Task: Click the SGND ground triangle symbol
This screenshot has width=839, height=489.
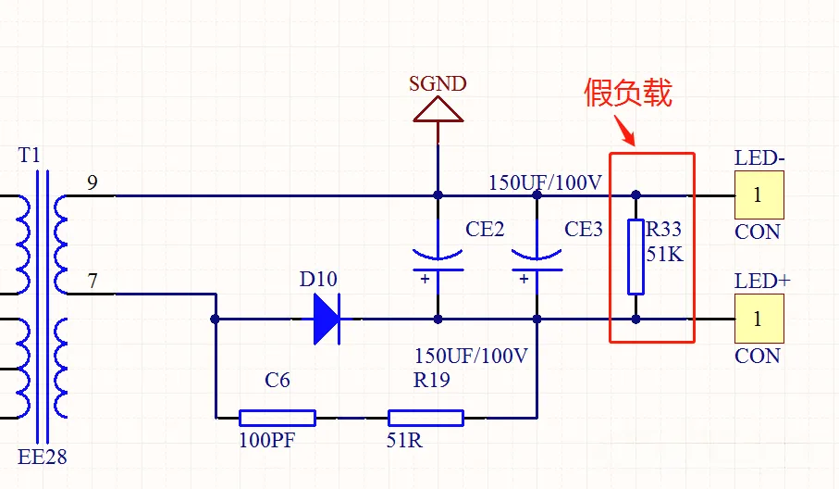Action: click(x=438, y=110)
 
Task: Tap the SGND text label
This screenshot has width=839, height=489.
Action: click(x=438, y=83)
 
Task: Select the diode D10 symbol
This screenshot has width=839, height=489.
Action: click(x=326, y=320)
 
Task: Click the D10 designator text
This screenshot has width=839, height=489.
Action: click(x=318, y=279)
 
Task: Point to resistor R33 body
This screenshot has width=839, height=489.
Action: click(x=635, y=256)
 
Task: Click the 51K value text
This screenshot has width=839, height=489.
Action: click(x=664, y=254)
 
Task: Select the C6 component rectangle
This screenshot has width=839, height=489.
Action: click(x=278, y=418)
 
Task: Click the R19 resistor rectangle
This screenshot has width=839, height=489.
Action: click(x=426, y=418)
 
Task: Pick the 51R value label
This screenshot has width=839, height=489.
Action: click(x=404, y=441)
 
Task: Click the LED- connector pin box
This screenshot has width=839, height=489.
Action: click(x=759, y=195)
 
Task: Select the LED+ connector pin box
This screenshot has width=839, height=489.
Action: click(x=759, y=319)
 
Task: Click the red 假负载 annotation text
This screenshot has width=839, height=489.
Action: click(x=628, y=93)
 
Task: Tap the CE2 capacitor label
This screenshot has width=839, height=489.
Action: click(x=485, y=230)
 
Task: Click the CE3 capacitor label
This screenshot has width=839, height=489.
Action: click(x=584, y=230)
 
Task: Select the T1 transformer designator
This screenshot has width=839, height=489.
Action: click(x=30, y=155)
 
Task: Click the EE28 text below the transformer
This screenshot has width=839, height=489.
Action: click(x=43, y=457)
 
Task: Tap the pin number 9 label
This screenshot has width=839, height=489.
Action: click(x=92, y=182)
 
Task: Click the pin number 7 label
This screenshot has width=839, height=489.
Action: click(x=92, y=279)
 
